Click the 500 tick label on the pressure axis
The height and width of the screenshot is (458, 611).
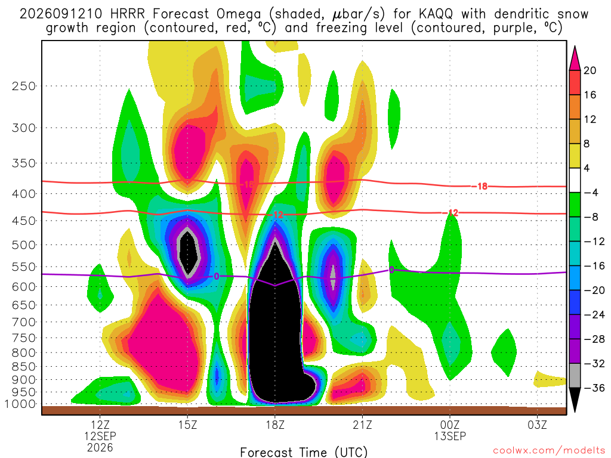click(24, 245)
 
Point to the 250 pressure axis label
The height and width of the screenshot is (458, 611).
click(24, 86)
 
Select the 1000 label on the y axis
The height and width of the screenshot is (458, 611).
click(21, 404)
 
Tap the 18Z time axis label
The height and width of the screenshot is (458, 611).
click(275, 425)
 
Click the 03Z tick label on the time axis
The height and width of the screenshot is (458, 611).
click(538, 425)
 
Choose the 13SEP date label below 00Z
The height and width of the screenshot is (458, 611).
click(450, 436)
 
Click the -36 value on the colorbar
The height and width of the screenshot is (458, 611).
click(594, 388)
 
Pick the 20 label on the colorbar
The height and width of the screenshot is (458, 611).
click(590, 70)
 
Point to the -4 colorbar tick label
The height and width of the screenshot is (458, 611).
click(591, 193)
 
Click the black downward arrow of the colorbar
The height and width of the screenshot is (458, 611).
click(575, 399)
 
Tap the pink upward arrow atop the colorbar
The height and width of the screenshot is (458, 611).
click(575, 59)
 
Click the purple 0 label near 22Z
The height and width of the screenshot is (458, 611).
click(391, 270)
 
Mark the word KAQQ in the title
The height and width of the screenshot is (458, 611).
click(436, 14)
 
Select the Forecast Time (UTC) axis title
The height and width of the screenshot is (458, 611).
click(304, 452)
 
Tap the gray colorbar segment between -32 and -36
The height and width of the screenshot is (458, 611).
click(575, 376)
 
